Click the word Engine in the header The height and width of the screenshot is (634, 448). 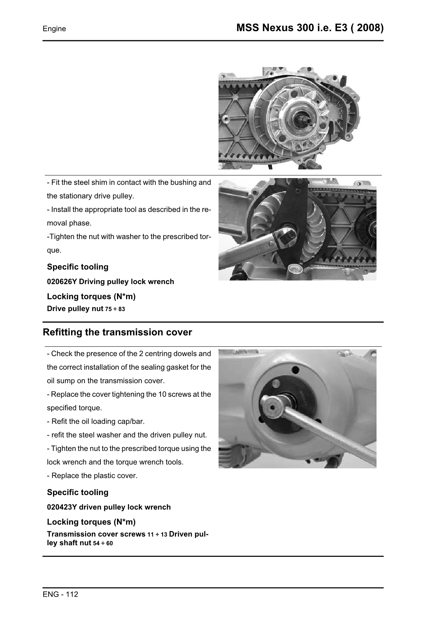(54, 29)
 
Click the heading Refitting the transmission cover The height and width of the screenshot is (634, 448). (117, 332)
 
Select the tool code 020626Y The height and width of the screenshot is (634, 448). (62, 282)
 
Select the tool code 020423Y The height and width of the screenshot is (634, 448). (62, 507)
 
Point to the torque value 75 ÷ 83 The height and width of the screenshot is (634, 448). (115, 309)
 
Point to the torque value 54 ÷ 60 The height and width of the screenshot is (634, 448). (103, 543)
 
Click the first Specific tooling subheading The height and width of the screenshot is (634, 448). (77, 267)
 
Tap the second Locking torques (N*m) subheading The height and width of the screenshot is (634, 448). (91, 522)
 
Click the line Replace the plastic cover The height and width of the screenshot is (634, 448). (92, 475)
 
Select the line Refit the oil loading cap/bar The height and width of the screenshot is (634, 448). (96, 421)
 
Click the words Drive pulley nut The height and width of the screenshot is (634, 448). (75, 309)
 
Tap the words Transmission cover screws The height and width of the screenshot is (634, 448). (96, 534)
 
